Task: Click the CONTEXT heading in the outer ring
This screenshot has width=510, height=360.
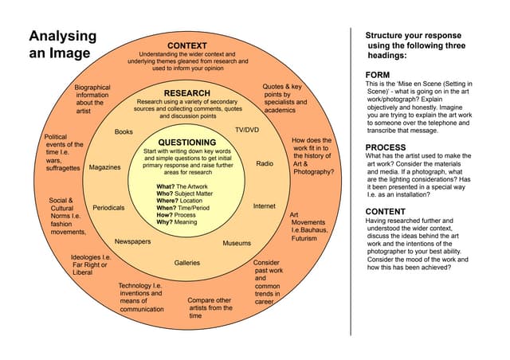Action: click(x=187, y=45)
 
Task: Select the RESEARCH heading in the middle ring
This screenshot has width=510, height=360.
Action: click(x=186, y=93)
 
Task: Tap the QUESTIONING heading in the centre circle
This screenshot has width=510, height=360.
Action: click(x=187, y=143)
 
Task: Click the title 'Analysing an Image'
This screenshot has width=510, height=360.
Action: click(x=62, y=45)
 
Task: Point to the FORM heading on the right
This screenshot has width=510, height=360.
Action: click(x=379, y=75)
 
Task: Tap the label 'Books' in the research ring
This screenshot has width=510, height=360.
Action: click(x=124, y=131)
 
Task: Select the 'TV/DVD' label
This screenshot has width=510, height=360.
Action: click(x=246, y=129)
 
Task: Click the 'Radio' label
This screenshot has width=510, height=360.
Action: click(x=265, y=163)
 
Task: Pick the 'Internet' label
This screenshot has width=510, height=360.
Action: click(x=264, y=206)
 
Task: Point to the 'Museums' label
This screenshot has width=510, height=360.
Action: click(x=237, y=243)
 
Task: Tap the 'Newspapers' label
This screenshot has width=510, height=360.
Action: click(x=133, y=241)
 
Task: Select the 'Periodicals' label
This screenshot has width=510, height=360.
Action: click(x=108, y=207)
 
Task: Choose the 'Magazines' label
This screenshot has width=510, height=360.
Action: click(x=104, y=167)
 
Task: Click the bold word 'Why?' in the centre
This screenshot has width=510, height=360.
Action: click(x=165, y=222)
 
